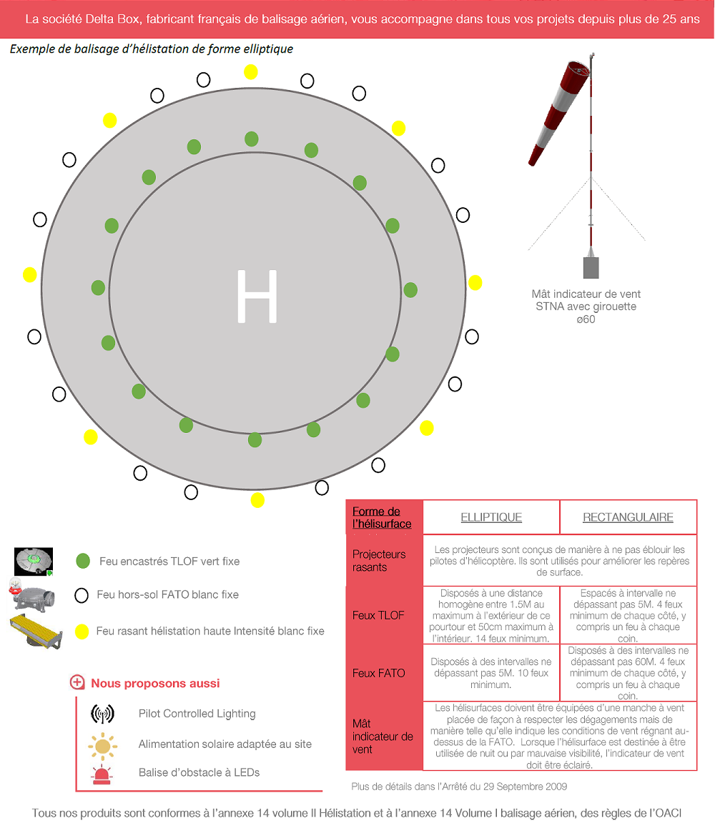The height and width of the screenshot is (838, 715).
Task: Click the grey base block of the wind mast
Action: point(591,266)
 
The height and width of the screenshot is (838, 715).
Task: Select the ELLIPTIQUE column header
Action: point(491,517)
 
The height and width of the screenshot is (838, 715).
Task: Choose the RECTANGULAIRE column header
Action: point(628,517)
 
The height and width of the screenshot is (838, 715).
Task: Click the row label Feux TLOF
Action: point(378,615)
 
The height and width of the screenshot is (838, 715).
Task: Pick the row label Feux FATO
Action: point(378,673)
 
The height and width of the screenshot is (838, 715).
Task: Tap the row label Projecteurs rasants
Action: point(379,561)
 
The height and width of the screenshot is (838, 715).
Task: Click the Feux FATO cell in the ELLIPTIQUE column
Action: point(491,673)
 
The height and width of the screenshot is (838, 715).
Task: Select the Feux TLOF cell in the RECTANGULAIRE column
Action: point(628,615)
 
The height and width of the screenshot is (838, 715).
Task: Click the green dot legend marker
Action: point(83,561)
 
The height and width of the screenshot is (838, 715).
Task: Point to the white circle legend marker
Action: point(82,594)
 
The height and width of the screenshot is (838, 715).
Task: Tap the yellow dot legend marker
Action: point(82,632)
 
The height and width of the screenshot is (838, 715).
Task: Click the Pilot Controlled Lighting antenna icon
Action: point(102,714)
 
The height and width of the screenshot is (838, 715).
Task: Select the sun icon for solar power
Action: point(102,745)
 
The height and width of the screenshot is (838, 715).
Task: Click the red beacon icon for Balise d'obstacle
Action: point(102,774)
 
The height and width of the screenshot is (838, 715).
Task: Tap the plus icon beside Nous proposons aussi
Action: point(77,683)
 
